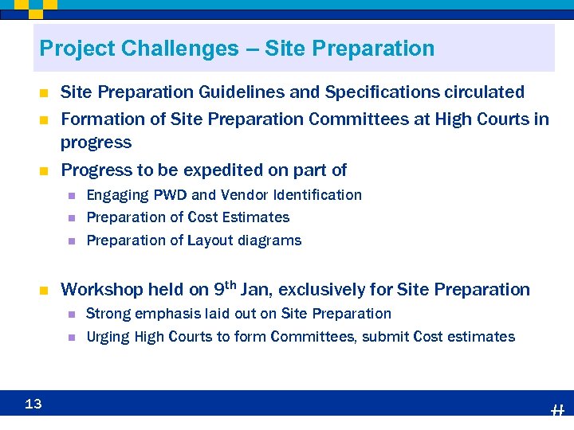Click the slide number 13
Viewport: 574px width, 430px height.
[x=33, y=405]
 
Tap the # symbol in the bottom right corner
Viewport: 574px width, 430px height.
[x=557, y=411]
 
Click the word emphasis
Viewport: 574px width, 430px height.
[x=163, y=314]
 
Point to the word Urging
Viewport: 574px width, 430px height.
[x=108, y=337]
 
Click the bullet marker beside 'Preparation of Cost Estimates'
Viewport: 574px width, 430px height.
[x=70, y=217]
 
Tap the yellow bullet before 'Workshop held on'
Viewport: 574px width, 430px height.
[x=45, y=290]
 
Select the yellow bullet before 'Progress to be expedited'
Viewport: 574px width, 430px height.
[x=45, y=170]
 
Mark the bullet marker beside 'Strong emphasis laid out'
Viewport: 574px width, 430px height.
[x=70, y=314]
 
